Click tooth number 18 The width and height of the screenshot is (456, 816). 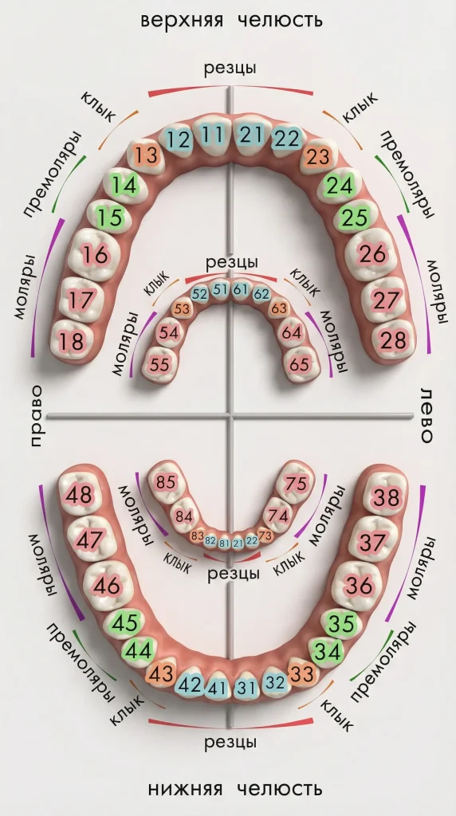[x=72, y=341]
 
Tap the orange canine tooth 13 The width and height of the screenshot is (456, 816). [x=147, y=155]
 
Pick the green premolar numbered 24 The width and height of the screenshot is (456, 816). [x=341, y=185]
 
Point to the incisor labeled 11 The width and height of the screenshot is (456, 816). [x=212, y=135]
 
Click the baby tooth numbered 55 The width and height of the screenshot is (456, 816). [x=159, y=364]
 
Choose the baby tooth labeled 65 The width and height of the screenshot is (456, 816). [x=299, y=364]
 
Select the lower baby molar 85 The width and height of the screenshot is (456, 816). [x=166, y=482]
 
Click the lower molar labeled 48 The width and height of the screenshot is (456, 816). [x=79, y=494]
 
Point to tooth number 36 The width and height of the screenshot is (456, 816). [x=360, y=586]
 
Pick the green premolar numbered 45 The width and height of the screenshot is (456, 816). [x=125, y=623]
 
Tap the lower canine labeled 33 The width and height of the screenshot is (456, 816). [x=303, y=674]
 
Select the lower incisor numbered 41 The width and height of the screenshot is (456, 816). [x=217, y=688]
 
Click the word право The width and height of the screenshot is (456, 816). [x=36, y=416]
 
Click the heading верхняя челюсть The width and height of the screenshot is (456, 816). [x=232, y=21]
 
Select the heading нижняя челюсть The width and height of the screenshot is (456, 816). [x=235, y=789]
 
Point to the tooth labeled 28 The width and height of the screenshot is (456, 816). [x=392, y=341]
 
